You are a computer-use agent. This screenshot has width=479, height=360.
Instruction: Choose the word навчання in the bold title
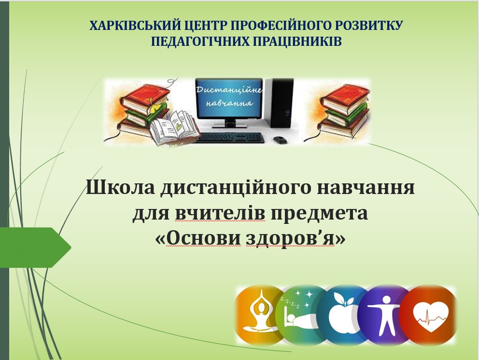pyautogui.click(x=366, y=188)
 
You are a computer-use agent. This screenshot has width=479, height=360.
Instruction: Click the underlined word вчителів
pyautogui.click(x=220, y=213)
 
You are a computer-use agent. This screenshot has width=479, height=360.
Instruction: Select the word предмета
pyautogui.click(x=319, y=214)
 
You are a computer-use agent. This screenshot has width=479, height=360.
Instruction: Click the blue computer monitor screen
pyautogui.click(x=229, y=98)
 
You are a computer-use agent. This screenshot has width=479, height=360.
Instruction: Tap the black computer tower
pyautogui.click(x=280, y=102)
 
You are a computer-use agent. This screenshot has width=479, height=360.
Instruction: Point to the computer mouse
pyautogui.click(x=281, y=140)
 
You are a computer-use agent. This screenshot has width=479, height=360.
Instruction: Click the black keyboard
pyautogui.click(x=229, y=138)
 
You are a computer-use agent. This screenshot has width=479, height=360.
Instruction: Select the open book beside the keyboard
pyautogui.click(x=174, y=128)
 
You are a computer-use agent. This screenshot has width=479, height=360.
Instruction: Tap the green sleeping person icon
pyautogui.click(x=299, y=315)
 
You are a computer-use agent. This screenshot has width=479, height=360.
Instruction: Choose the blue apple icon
pyautogui.click(x=342, y=315)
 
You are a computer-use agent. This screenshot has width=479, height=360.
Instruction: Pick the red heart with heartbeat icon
pyautogui.click(x=429, y=315)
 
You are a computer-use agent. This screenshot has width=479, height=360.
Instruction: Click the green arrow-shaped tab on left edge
pyautogui.click(x=35, y=248)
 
